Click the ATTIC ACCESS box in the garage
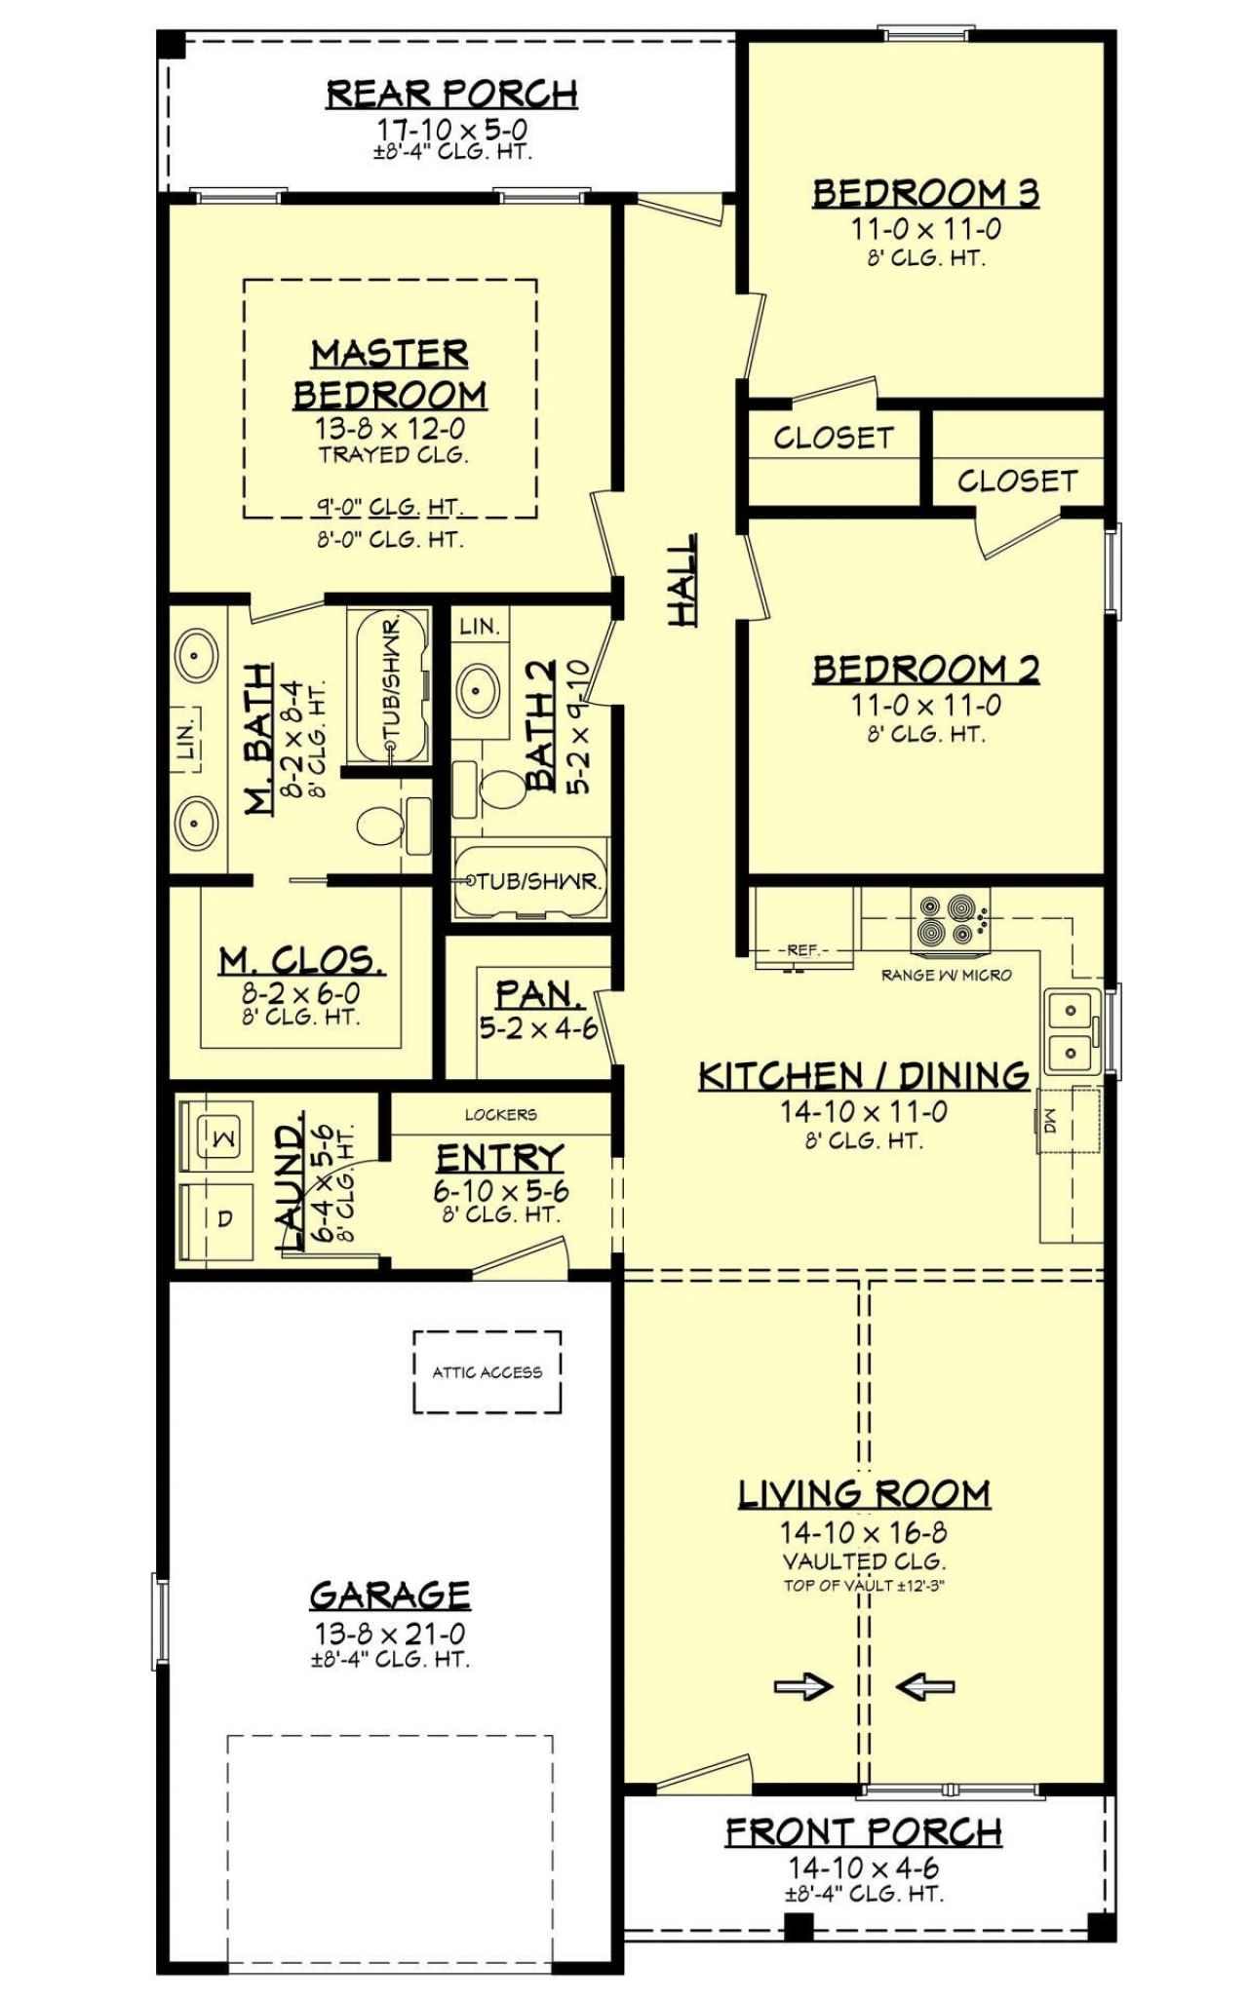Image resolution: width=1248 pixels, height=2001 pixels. click(487, 1371)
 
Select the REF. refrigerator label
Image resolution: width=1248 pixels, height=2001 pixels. click(802, 950)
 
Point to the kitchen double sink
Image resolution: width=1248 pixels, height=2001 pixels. click(1072, 1032)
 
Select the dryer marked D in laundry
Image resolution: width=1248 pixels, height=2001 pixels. click(222, 1219)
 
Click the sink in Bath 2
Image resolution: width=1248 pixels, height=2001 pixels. click(477, 691)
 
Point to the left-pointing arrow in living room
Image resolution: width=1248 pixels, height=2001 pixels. click(924, 1687)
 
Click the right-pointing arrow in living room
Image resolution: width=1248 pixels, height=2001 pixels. click(803, 1687)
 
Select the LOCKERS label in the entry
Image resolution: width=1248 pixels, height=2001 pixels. click(500, 1114)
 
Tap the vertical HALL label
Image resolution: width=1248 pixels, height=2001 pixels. click(682, 580)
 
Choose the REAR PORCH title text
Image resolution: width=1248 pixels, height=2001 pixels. click(451, 94)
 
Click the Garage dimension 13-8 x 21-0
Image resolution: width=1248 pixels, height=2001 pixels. click(389, 1635)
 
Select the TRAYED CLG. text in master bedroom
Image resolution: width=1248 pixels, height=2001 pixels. click(392, 454)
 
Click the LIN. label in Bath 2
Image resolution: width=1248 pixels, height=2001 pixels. click(479, 627)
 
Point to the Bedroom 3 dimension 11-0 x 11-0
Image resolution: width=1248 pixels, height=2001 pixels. click(925, 230)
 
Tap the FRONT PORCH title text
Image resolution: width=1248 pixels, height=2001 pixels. click(863, 1832)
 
